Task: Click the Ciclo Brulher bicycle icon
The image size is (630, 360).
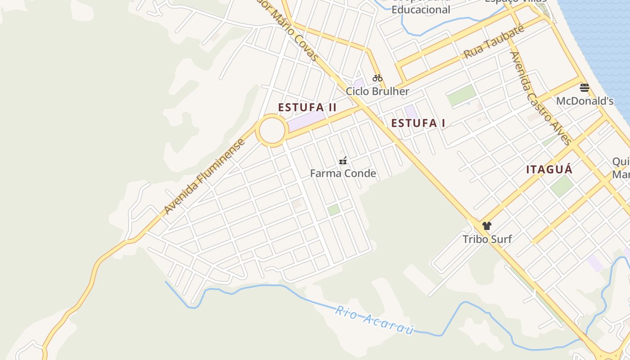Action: (377, 78)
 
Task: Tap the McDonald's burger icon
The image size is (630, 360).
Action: (585, 87)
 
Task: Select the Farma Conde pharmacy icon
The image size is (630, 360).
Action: (343, 160)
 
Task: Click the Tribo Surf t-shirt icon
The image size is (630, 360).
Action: (486, 225)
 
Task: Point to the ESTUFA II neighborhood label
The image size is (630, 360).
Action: (307, 108)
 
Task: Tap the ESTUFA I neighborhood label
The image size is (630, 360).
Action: (418, 123)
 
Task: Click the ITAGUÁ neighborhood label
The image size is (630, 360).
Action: (549, 170)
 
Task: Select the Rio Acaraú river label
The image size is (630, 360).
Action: (374, 320)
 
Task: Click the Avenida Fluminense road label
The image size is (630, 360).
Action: (205, 176)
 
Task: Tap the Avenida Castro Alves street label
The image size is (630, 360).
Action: (540, 98)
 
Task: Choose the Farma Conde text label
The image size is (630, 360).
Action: (343, 173)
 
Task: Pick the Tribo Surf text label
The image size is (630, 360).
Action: (487, 239)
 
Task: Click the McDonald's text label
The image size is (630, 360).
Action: (585, 101)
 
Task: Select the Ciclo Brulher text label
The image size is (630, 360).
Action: (377, 91)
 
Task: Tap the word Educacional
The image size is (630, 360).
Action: (421, 9)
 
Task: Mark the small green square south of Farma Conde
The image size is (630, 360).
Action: (333, 210)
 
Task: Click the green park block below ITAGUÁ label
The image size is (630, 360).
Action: (562, 186)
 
